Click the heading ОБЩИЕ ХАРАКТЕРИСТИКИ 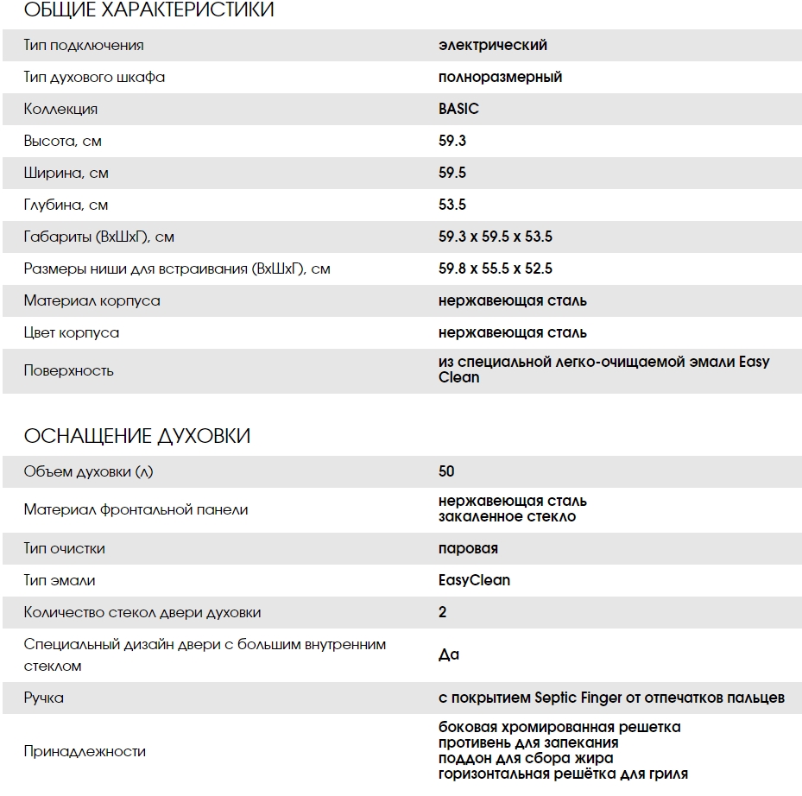[148, 10]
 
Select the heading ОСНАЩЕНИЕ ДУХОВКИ [137, 436]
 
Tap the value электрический [492, 45]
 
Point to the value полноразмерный [500, 77]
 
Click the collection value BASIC [458, 109]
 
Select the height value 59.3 [452, 141]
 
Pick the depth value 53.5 [452, 205]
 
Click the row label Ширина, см [66, 173]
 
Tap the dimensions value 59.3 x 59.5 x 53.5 [496, 237]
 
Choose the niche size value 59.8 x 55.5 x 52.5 [496, 268]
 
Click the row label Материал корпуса [92, 300]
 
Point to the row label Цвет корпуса [72, 332]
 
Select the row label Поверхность [69, 370]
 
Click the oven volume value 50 [446, 471]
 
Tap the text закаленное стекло [507, 516]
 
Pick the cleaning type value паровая [468, 548]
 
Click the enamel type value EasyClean [474, 580]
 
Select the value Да [449, 654]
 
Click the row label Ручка [44, 698]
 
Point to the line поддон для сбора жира [526, 758]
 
